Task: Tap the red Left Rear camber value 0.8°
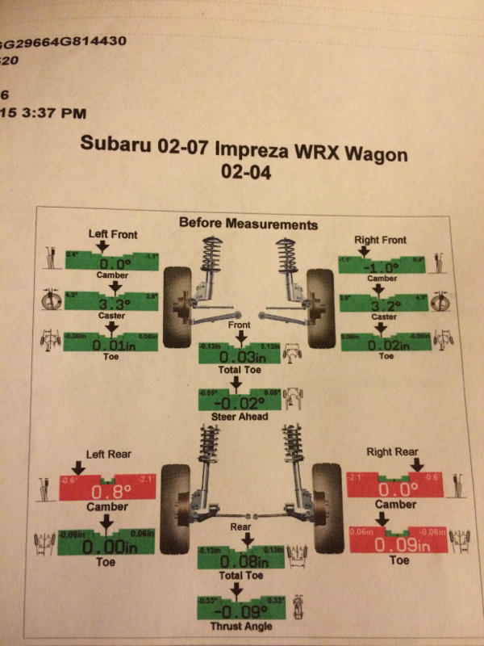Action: (109, 492)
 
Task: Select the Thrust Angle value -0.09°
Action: (241, 610)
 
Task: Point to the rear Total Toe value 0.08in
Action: (241, 562)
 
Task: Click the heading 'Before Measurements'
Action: (248, 224)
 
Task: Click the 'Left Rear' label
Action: (105, 455)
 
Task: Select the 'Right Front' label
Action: (381, 240)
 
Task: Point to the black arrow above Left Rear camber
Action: (78, 468)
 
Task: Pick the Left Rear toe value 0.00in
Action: (108, 547)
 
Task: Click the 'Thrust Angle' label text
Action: (241, 627)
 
